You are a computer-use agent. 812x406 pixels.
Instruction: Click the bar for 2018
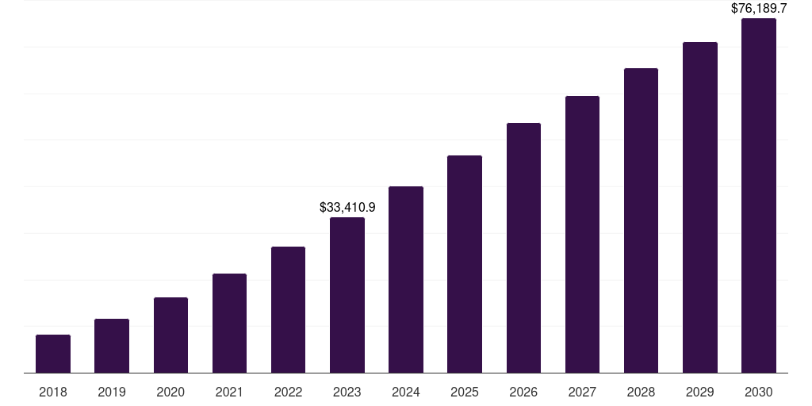(53, 354)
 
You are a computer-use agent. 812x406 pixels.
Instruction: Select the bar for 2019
(112, 346)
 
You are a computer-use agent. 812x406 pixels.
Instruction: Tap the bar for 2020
(170, 335)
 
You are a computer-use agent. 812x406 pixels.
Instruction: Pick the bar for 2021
(229, 324)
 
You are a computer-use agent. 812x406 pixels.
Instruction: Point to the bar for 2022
(288, 310)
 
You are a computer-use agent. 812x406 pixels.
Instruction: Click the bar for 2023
(347, 295)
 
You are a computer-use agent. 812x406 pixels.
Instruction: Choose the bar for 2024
(406, 280)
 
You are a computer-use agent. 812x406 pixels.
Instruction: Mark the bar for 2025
(465, 264)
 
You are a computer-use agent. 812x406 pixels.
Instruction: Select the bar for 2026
(523, 248)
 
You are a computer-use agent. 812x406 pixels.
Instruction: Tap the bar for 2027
(582, 235)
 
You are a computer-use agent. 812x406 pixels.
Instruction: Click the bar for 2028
(641, 220)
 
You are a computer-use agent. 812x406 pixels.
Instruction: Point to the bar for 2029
(700, 208)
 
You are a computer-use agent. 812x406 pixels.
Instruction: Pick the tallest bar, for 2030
(759, 196)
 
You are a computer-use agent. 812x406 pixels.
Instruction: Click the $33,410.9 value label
(347, 207)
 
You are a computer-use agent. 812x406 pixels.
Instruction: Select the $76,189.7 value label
(759, 8)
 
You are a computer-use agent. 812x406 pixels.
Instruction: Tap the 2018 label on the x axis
(53, 392)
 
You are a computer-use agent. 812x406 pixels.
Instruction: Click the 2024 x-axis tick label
(406, 392)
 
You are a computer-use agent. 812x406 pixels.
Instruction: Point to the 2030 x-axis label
(759, 392)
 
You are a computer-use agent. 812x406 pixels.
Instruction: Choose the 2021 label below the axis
(229, 392)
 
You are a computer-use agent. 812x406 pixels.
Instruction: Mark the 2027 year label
(582, 392)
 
